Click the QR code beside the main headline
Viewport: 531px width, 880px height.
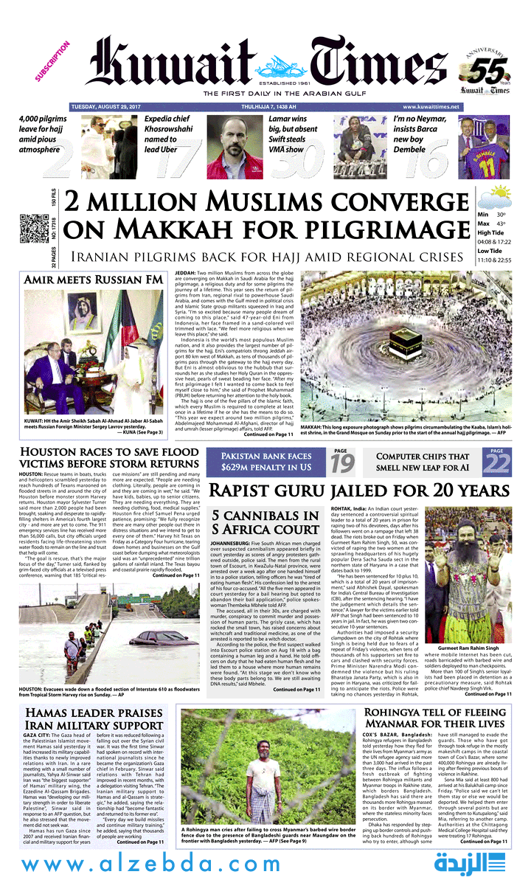click(34, 229)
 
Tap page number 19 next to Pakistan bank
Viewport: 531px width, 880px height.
click(342, 463)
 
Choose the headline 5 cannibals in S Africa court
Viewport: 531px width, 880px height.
click(276, 523)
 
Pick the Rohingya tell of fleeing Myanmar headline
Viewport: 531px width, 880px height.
click(435, 719)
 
